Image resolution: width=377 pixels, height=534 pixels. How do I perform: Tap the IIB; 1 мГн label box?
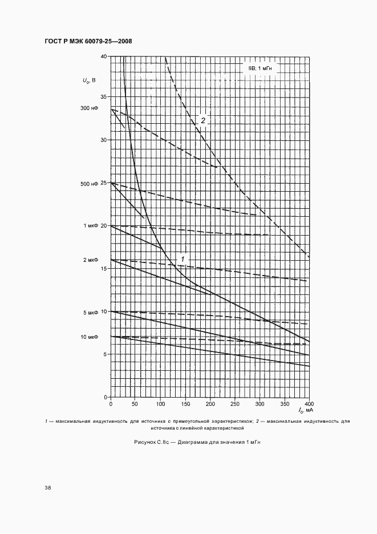pyautogui.click(x=260, y=68)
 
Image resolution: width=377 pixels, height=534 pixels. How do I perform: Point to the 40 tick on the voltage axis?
pyautogui.click(x=103, y=56)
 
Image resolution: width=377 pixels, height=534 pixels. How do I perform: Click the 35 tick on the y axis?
pyautogui.click(x=103, y=96)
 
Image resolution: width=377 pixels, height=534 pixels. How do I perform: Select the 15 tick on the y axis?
pyautogui.click(x=103, y=268)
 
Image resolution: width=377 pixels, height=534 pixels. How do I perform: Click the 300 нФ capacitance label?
pyautogui.click(x=90, y=108)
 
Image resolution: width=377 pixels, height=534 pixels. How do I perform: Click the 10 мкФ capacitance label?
pyautogui.click(x=91, y=337)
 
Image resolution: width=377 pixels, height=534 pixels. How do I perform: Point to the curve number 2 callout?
pyautogui.click(x=202, y=120)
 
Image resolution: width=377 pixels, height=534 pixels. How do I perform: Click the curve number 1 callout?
pyautogui.click(x=183, y=260)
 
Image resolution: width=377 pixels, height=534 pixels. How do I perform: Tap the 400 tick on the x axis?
pyautogui.click(x=309, y=404)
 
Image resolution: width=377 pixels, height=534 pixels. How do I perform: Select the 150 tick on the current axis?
pyautogui.click(x=185, y=404)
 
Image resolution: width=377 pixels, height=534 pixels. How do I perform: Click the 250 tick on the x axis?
pyautogui.click(x=234, y=404)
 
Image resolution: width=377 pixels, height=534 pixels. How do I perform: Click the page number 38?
pyautogui.click(x=48, y=488)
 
